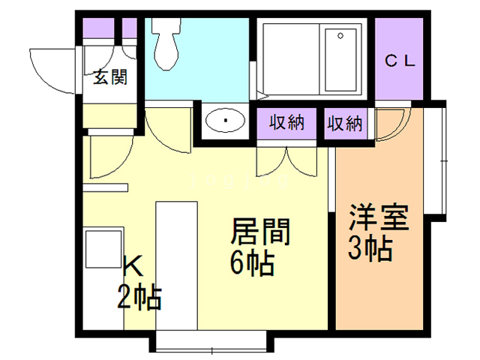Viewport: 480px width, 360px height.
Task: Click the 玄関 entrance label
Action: (x=110, y=77)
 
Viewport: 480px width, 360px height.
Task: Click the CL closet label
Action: (x=400, y=62)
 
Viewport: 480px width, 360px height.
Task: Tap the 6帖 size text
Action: (x=251, y=264)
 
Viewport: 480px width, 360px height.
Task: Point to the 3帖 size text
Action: (x=370, y=249)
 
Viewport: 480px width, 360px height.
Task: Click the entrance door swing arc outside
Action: (x=52, y=67)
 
